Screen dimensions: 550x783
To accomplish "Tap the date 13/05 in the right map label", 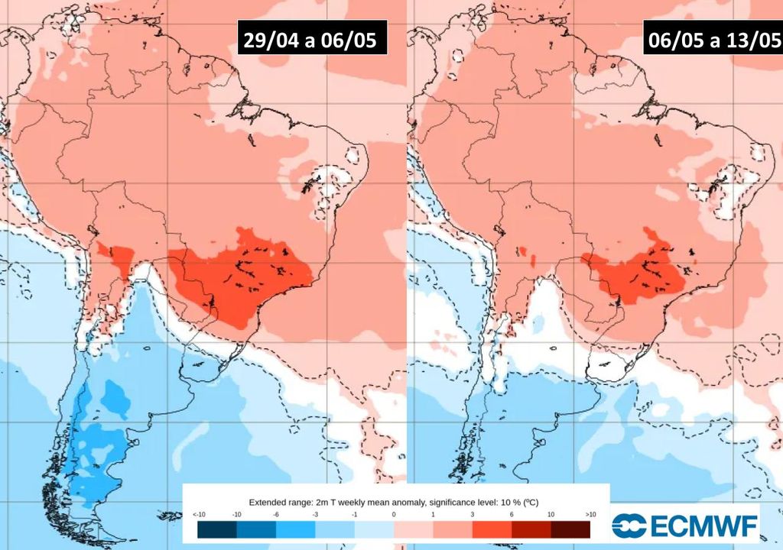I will pyautogui.click(x=746, y=40).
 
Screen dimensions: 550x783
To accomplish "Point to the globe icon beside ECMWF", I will pyautogui.click(x=629, y=526).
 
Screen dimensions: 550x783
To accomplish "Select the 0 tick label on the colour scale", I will pyautogui.click(x=394, y=515).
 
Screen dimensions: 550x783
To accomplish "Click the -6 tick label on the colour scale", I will pyautogui.click(x=275, y=515).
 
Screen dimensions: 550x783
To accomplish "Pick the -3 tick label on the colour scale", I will pyautogui.click(x=315, y=515).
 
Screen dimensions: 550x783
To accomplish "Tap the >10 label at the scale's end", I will pyautogui.click(x=590, y=515).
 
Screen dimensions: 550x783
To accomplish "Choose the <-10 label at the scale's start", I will pyautogui.click(x=197, y=515).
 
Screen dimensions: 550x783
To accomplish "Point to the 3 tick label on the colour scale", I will pyautogui.click(x=473, y=515).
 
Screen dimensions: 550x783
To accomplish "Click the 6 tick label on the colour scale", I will pyautogui.click(x=512, y=515).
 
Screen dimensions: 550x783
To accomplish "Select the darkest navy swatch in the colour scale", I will pyautogui.click(x=216, y=529).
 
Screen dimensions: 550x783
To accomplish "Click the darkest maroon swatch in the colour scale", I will pyautogui.click(x=570, y=529).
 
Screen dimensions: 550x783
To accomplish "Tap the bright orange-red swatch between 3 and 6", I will pyautogui.click(x=492, y=529).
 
